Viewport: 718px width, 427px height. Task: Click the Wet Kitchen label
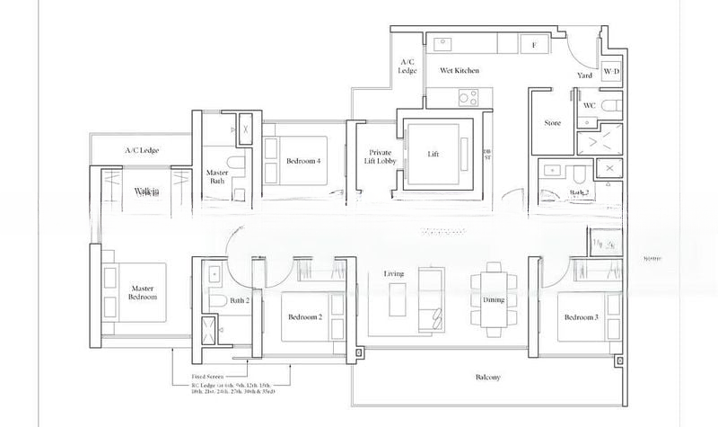pos(459,70)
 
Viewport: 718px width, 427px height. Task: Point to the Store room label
pos(553,123)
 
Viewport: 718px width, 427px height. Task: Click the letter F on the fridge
pos(534,44)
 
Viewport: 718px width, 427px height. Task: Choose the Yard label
pos(585,76)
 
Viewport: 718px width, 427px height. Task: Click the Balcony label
pos(487,378)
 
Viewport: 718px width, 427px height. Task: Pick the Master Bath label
pos(217,176)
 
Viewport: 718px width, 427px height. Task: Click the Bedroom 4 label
pos(303,161)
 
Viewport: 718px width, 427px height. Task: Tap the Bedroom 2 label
pos(305,317)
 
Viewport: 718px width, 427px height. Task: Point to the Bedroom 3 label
pos(581,317)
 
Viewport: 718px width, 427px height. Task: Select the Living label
pos(394,273)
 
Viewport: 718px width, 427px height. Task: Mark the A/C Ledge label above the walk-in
pos(142,150)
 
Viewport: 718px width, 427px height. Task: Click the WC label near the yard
pos(590,105)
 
